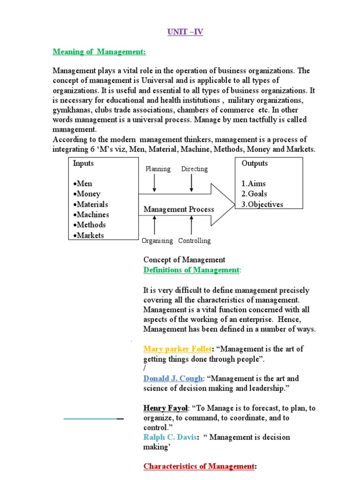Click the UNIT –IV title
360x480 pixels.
185,32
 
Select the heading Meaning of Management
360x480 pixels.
99,52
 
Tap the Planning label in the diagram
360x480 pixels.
158,169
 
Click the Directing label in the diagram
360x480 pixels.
194,169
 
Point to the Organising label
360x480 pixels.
157,240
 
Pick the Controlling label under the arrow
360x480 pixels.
194,240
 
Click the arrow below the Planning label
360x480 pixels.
155,183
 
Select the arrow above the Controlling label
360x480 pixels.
191,225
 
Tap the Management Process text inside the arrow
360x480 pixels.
179,209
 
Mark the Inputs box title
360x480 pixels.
83,163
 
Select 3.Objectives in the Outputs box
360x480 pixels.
262,204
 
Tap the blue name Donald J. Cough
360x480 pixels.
173,378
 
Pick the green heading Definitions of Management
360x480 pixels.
191,270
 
